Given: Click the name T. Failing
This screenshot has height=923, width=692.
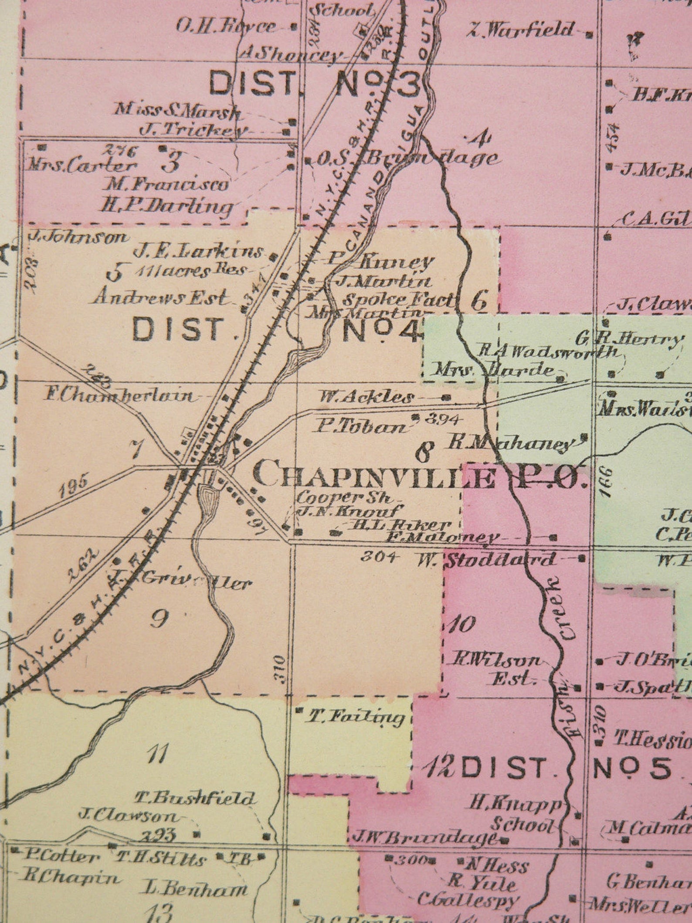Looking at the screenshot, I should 357,717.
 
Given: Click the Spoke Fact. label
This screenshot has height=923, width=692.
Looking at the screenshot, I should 399,300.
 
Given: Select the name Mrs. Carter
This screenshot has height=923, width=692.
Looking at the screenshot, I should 81,166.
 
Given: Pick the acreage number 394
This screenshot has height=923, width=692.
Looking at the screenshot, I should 441,419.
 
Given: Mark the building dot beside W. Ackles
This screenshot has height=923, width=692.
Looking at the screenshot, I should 446,397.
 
